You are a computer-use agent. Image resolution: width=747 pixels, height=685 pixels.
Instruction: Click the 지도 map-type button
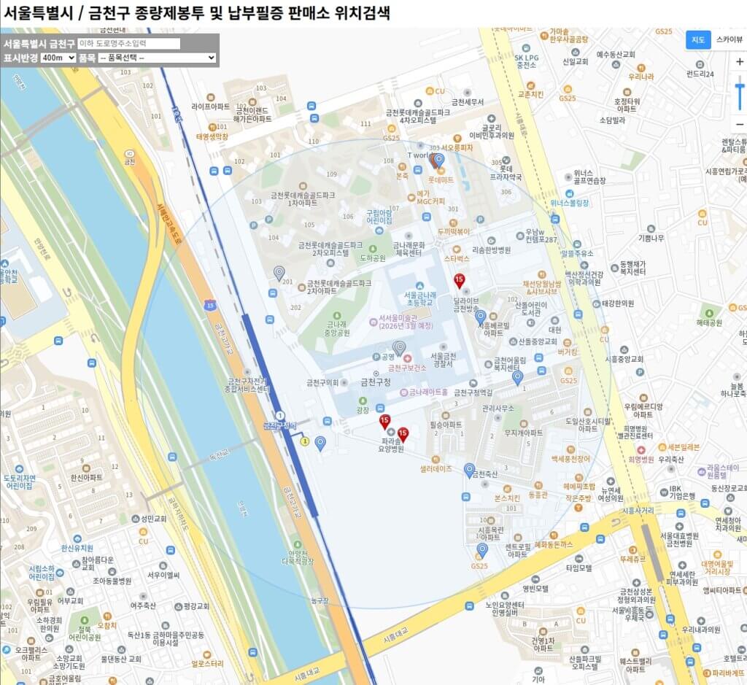[697, 39]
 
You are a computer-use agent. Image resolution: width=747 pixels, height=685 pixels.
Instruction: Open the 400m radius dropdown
[58, 57]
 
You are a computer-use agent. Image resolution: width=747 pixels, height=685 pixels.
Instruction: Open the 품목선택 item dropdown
[157, 57]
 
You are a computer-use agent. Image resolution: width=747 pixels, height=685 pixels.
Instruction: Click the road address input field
[128, 44]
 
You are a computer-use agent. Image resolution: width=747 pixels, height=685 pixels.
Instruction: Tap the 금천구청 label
[376, 382]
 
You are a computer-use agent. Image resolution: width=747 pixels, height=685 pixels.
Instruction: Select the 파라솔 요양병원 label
[392, 445]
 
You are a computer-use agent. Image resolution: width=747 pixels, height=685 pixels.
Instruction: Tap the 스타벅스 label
[457, 258]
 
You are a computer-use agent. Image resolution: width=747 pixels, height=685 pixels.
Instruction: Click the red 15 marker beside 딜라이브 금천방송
[460, 279]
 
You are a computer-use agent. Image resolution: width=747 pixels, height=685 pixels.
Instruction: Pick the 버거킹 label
[568, 352]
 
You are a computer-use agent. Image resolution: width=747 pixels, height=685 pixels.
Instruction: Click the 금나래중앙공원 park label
[338, 328]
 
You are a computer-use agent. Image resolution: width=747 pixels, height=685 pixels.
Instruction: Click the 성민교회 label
[155, 519]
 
